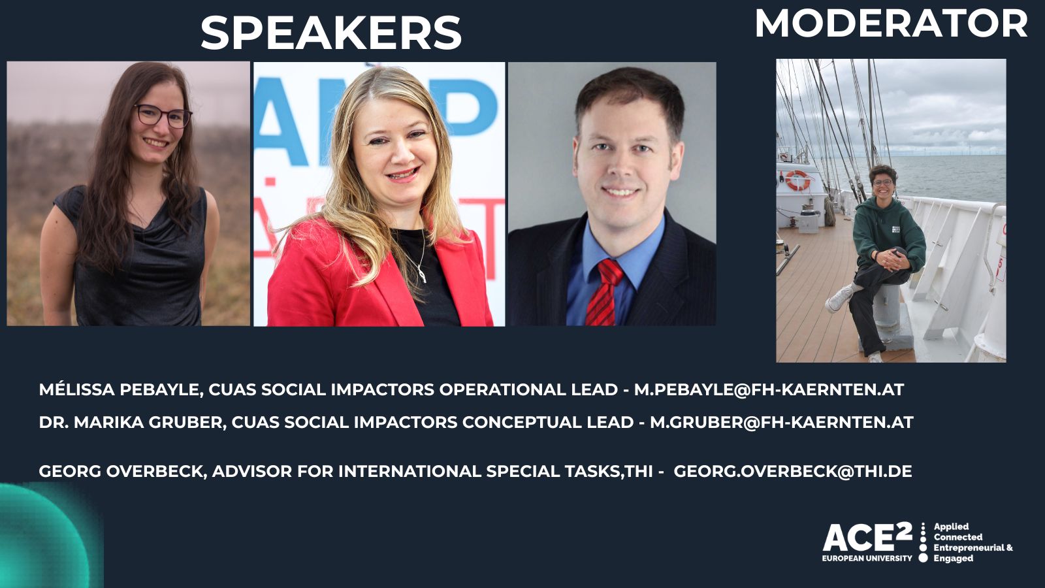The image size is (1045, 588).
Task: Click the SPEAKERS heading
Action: [331, 33]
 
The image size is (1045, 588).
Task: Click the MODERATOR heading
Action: [892, 24]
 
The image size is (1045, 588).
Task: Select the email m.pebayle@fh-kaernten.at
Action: [769, 389]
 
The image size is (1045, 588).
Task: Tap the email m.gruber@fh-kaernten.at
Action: [782, 422]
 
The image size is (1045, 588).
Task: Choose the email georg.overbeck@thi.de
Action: [793, 471]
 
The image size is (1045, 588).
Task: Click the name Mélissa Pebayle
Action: [121, 389]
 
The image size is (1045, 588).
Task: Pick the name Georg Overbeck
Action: [123, 471]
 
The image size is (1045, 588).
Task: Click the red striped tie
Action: [603, 292]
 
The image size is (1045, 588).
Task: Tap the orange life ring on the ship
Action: [797, 180]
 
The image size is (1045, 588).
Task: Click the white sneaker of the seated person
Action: [839, 299]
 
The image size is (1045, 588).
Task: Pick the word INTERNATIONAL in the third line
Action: [410, 471]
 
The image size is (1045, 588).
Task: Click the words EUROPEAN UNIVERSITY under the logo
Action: [867, 558]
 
